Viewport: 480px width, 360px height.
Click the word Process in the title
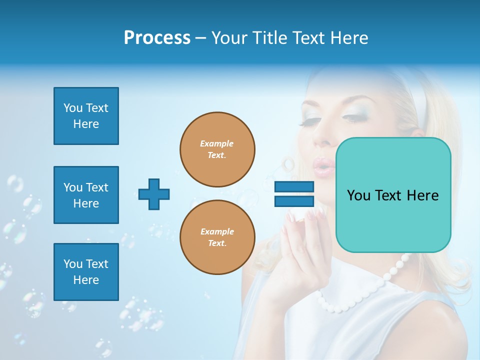157,38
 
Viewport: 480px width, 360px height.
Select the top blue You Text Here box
86,116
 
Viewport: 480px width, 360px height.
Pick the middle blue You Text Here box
86,195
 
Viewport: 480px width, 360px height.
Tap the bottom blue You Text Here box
86,271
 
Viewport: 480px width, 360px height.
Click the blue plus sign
154,194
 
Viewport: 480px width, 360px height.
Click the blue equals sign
294,194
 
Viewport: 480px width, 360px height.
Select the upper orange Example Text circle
217,149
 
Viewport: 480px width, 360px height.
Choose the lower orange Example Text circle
217,237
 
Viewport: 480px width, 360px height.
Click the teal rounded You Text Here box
393,195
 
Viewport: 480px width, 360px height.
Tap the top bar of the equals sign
294,187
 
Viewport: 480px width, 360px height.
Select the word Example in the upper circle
217,143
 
